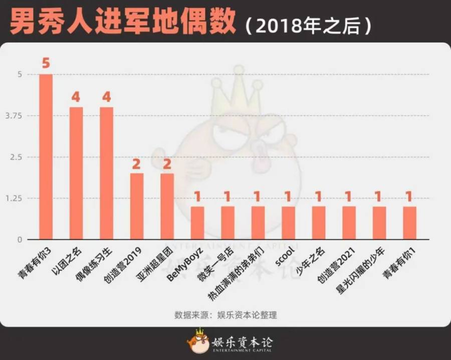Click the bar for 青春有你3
coord(46,156)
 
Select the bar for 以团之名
coord(76,173)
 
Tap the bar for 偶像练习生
coord(106,173)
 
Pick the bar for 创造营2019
coord(137,206)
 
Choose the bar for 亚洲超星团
coord(167,206)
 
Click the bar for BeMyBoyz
coord(197,223)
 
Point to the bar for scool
coord(288,223)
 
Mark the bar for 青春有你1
coord(409,223)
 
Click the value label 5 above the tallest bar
coord(46,64)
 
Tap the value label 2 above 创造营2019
coord(137,163)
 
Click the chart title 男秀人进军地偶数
coord(123,24)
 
